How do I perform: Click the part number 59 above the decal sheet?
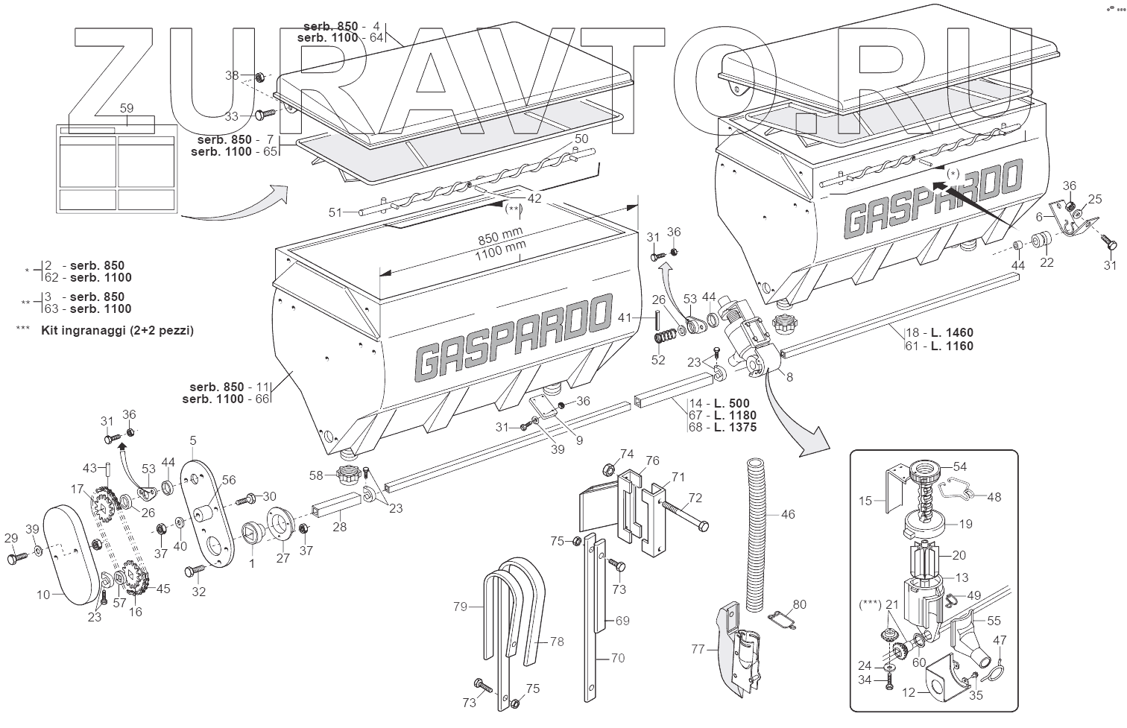click(x=127, y=108)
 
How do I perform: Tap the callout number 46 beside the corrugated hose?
click(x=788, y=514)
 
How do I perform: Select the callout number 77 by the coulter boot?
click(x=698, y=650)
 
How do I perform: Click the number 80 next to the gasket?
click(x=799, y=604)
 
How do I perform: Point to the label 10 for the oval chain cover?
click(x=44, y=595)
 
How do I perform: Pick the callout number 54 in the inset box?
click(x=960, y=466)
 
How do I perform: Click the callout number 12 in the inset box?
click(x=909, y=693)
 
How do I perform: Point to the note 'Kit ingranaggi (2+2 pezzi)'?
click(x=118, y=330)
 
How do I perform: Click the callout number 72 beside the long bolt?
click(x=695, y=497)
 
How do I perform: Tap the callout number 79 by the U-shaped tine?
click(x=460, y=607)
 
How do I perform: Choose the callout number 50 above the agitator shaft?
click(x=581, y=139)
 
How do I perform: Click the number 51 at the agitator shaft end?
click(x=335, y=212)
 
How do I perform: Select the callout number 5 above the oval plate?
click(x=193, y=440)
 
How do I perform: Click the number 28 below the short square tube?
click(x=340, y=527)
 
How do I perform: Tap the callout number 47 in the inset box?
click(x=1000, y=640)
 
